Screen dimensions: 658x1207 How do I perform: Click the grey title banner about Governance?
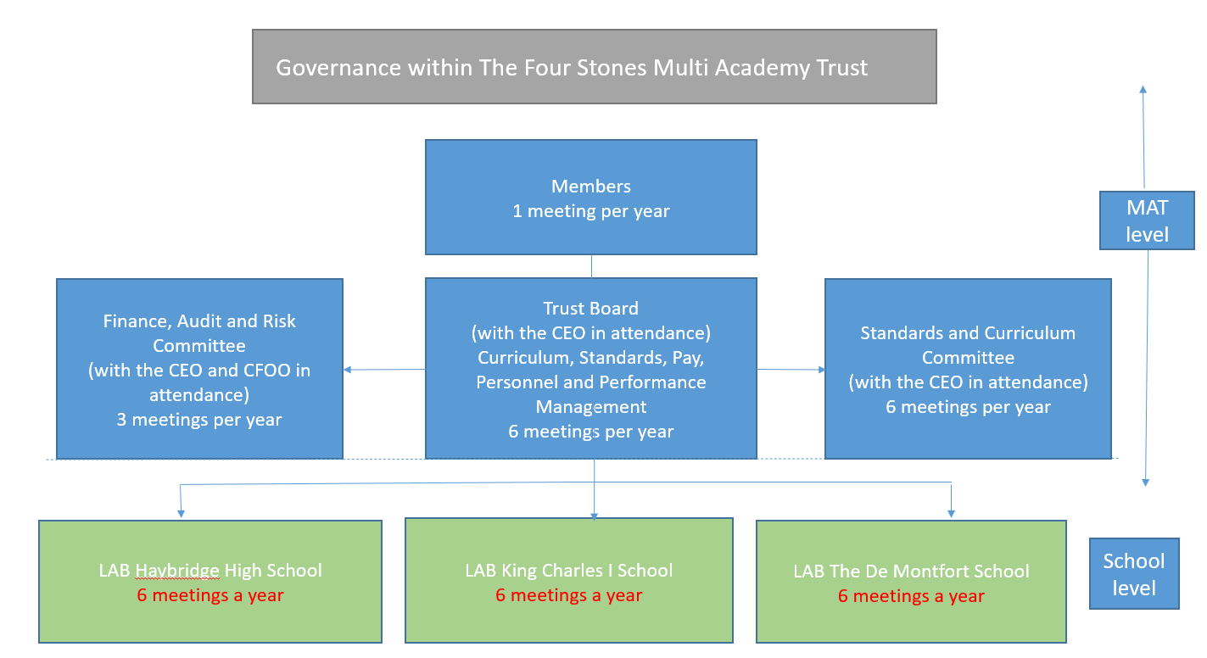[594, 67]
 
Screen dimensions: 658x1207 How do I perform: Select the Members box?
[590, 197]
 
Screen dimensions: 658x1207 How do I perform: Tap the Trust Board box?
[590, 369]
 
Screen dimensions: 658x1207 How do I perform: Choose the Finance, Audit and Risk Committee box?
[199, 369]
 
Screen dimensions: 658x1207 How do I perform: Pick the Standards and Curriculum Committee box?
[968, 369]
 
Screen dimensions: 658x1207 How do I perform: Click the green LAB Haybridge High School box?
[210, 582]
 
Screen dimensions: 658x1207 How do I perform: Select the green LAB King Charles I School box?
[568, 582]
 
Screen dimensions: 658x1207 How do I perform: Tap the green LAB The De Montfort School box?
[911, 582]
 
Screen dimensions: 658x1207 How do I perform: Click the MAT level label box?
[1147, 220]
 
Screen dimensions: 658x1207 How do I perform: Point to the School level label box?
[1133, 574]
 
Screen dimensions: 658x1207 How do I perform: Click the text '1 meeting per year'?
[590, 211]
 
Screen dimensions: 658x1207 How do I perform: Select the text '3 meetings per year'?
[199, 419]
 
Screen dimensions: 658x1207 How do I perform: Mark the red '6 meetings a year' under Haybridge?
[210, 595]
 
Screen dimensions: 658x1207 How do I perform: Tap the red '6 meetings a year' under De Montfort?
[911, 596]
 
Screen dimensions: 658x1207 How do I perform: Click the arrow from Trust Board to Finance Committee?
[383, 370]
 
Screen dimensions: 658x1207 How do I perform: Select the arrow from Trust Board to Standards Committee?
[791, 370]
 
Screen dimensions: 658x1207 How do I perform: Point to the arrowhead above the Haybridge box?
[180, 512]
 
